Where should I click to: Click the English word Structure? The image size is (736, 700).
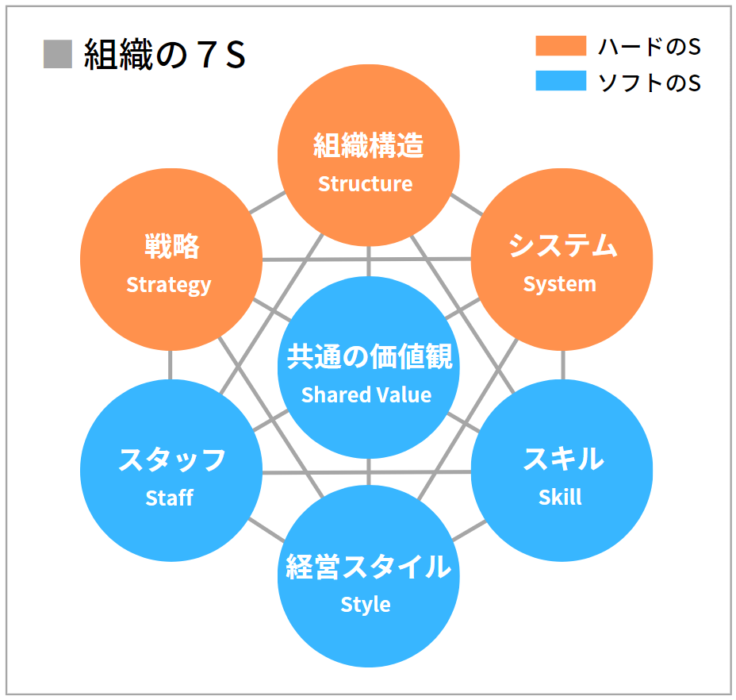[x=366, y=184]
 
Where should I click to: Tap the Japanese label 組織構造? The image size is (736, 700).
[x=368, y=146]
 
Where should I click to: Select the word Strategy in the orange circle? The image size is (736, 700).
[x=169, y=284]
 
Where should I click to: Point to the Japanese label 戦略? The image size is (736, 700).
[x=171, y=247]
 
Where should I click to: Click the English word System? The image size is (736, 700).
[x=559, y=284]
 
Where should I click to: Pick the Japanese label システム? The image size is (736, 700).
[x=562, y=246]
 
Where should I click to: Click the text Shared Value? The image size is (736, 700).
[x=366, y=394]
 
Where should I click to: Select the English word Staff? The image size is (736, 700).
[x=170, y=498]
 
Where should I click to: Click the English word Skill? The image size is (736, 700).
[x=560, y=498]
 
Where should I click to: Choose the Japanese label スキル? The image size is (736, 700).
[x=562, y=460]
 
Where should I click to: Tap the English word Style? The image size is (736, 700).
[x=366, y=605]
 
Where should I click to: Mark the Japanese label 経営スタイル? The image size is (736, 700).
[x=368, y=567]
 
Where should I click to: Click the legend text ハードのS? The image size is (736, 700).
[x=649, y=47]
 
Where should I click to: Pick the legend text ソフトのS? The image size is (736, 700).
[x=649, y=82]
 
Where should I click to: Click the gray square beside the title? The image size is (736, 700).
[x=58, y=55]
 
